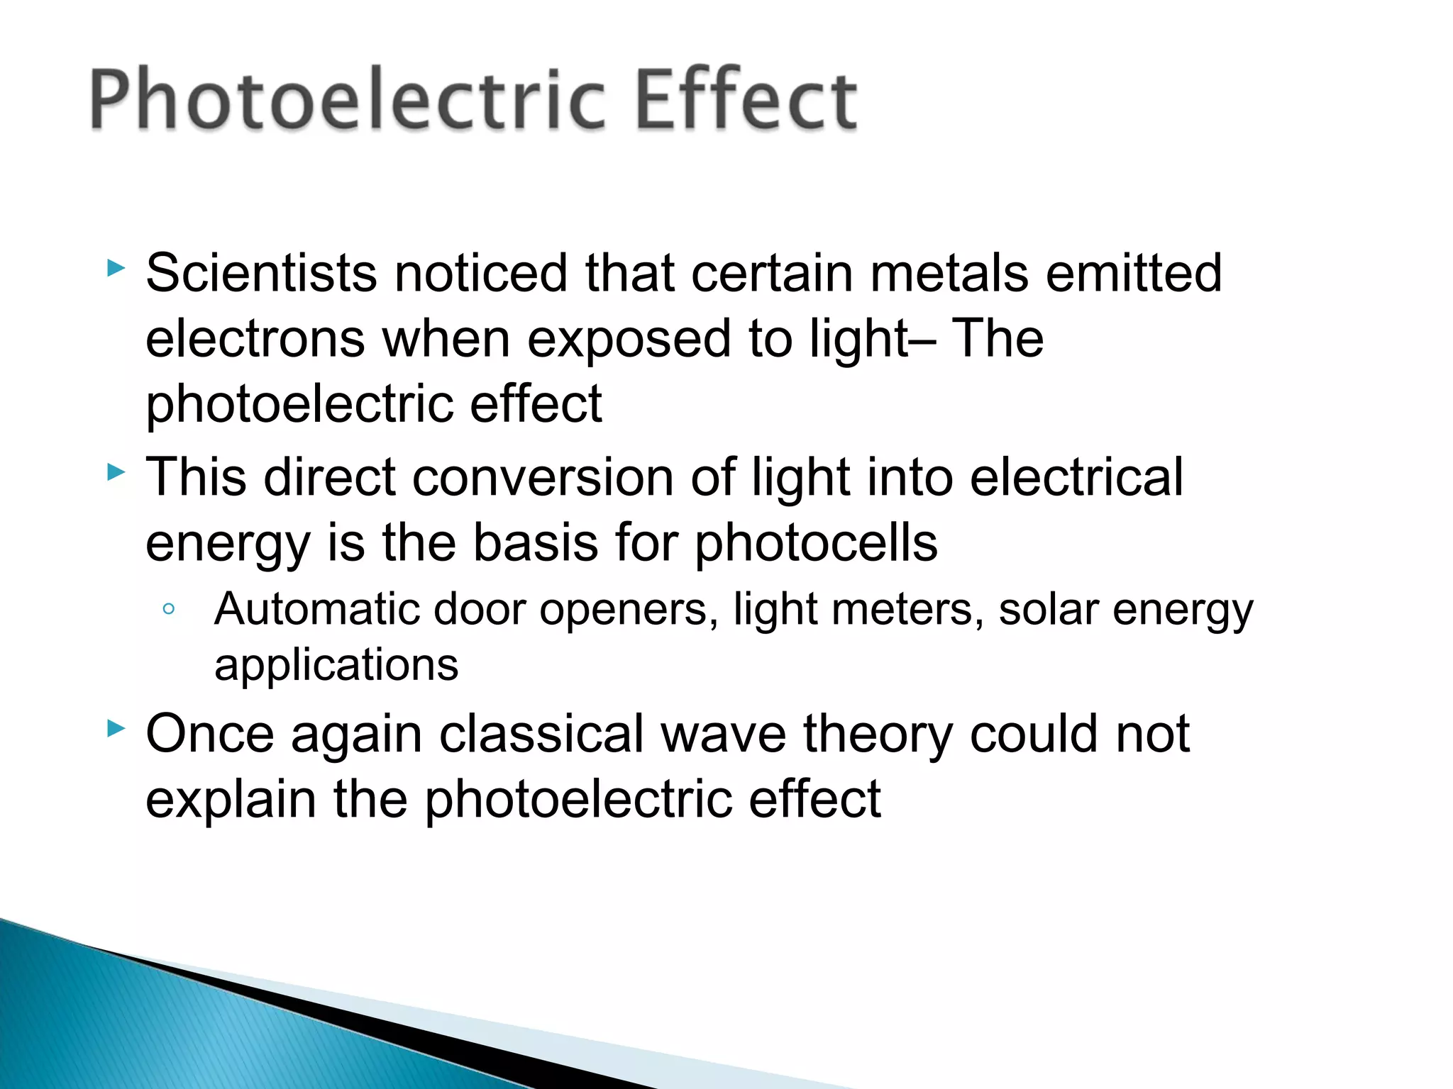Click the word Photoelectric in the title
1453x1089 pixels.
(x=348, y=99)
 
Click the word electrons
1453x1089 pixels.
(x=255, y=339)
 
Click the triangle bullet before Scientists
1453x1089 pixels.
(x=116, y=268)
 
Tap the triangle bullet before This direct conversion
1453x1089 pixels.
(x=116, y=472)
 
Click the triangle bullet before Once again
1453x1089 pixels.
(x=116, y=728)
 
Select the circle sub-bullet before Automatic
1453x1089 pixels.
(x=168, y=609)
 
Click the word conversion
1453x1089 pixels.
(x=543, y=477)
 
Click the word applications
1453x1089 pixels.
(x=336, y=666)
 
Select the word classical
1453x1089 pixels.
(x=541, y=734)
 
